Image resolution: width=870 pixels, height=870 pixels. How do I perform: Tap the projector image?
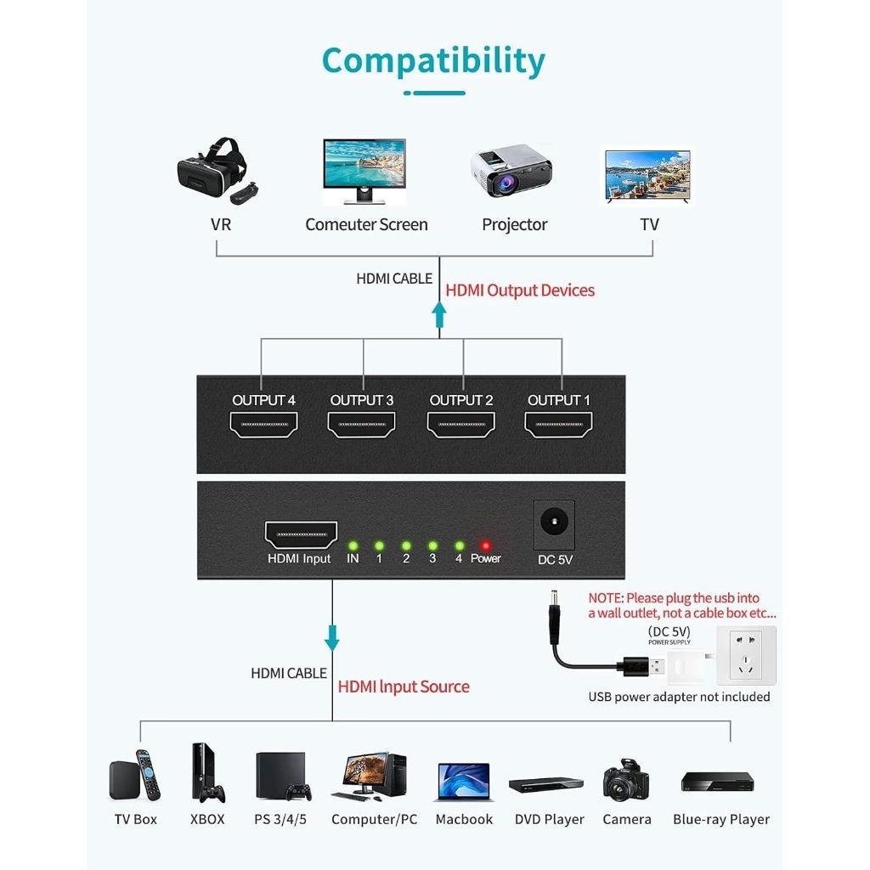pos(511,172)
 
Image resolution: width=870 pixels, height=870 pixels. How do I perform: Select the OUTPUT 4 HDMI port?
pos(264,424)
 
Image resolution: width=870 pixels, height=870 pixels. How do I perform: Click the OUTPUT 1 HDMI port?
pos(559,424)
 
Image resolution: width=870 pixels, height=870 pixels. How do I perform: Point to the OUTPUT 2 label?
pos(461,400)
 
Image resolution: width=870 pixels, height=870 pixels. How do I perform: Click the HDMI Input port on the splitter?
pos(301,534)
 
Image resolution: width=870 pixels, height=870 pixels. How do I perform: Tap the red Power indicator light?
pos(485,545)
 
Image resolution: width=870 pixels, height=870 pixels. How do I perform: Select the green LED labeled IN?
pos(353,545)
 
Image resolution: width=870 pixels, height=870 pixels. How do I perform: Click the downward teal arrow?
pos(332,637)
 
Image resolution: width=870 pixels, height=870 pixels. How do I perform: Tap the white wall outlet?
pos(746,655)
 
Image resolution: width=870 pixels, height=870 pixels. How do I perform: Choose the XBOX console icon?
pos(206,772)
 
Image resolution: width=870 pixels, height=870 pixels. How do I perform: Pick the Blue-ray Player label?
pos(720,820)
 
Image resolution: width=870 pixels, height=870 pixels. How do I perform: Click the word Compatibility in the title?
pos(433,60)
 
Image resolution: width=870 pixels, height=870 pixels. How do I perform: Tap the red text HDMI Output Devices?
pos(520,291)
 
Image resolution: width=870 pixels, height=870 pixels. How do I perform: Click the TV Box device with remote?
pos(135,776)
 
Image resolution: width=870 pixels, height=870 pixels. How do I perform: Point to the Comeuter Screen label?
pos(366,225)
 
